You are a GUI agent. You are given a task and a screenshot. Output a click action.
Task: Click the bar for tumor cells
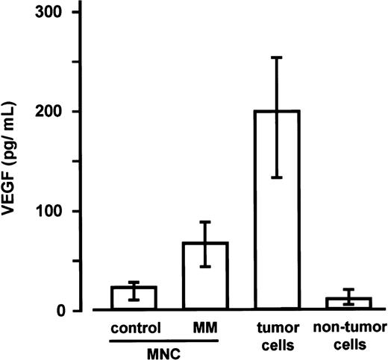point(278,224)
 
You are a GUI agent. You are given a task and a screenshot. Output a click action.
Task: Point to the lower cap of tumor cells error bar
point(278,178)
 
